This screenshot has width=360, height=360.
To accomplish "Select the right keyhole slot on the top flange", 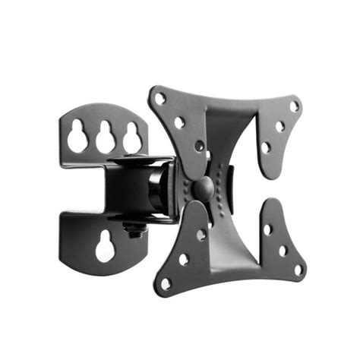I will click(x=132, y=137).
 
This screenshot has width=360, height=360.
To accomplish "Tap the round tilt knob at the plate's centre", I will click(x=204, y=187).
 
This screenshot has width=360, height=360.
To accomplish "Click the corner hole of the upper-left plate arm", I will click(x=159, y=98).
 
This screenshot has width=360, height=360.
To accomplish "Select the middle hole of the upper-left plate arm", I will click(x=179, y=122).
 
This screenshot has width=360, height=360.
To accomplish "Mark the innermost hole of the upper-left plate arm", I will click(x=199, y=144).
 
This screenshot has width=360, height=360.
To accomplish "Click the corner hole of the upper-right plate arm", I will click(x=294, y=107).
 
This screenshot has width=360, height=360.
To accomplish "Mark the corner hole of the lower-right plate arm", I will click(x=298, y=268).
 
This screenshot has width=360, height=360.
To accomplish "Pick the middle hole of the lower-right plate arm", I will click(x=283, y=248).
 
